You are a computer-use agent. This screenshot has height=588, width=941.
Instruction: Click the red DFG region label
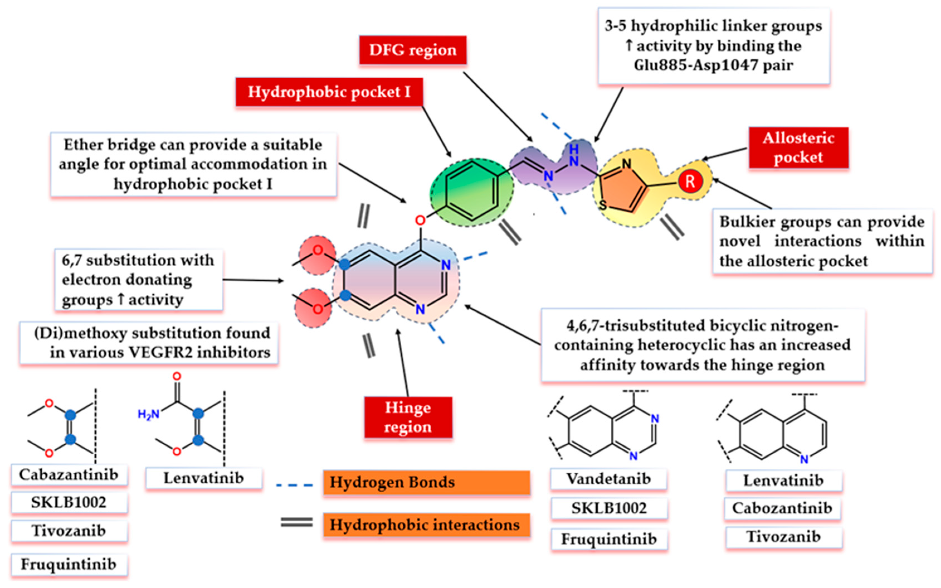(413, 50)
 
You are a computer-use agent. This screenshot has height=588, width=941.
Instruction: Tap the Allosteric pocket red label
(798, 148)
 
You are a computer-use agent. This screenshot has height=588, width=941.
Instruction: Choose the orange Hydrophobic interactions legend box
(426, 525)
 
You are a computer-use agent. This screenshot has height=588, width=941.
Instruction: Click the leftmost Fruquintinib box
(69, 565)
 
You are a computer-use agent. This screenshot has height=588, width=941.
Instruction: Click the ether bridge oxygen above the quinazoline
(420, 220)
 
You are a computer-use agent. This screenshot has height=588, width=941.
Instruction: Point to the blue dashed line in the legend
(294, 485)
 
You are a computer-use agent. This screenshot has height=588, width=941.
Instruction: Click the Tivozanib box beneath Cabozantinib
(784, 537)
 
